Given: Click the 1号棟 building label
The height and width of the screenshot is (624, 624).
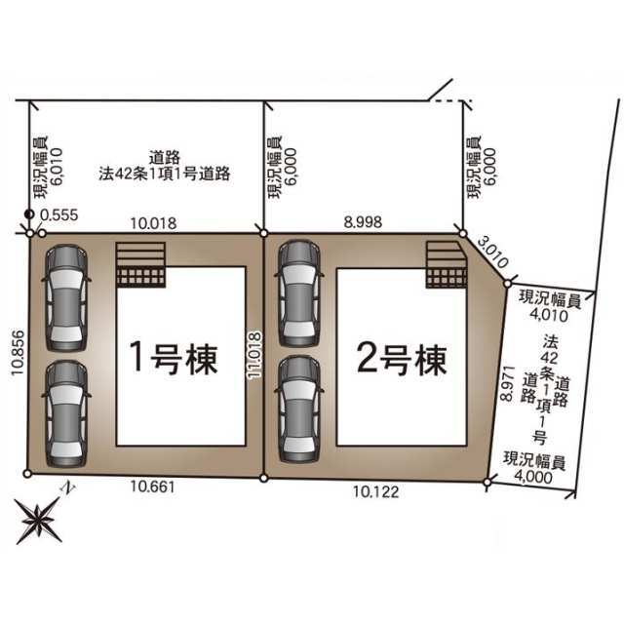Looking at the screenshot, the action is [x=174, y=359].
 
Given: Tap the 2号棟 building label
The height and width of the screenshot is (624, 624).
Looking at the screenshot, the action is [x=402, y=359].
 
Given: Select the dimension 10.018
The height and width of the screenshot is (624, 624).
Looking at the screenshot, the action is [x=154, y=223].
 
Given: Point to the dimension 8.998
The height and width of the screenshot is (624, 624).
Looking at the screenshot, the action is [x=363, y=222].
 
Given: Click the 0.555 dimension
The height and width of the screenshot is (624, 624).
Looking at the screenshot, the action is [x=59, y=214].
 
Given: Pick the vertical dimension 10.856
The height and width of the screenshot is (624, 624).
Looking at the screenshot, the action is [x=19, y=353].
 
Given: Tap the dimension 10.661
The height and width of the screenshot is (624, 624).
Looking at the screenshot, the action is [x=153, y=487].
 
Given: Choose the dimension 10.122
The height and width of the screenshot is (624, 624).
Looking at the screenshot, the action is [x=375, y=491].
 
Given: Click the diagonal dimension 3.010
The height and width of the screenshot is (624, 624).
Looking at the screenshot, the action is [x=492, y=252].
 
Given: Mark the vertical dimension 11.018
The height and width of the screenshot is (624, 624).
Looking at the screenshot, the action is [x=254, y=355].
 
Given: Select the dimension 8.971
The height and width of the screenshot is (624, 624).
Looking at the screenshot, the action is [x=507, y=383].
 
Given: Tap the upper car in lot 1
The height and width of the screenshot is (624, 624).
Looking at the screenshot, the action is [x=66, y=297].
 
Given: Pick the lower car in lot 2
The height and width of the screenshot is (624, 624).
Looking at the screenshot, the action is [x=299, y=409].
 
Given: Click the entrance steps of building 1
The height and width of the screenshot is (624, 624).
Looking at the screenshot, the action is [x=140, y=264].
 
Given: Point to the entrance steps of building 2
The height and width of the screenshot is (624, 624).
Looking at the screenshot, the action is [x=447, y=264].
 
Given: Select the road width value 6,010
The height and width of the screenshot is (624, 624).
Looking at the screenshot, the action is [x=57, y=167].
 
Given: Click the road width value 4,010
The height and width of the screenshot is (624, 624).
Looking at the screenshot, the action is [x=549, y=316].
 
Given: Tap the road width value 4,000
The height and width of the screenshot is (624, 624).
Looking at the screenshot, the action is [x=533, y=477].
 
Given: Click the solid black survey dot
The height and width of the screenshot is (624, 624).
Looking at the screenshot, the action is [x=29, y=214].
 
